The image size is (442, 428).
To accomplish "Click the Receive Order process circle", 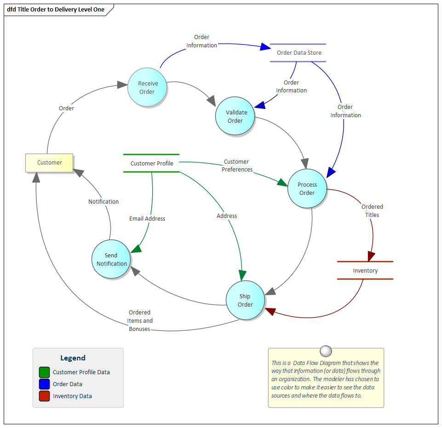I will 148,87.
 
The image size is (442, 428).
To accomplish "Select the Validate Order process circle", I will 235,116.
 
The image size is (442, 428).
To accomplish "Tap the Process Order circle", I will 307,188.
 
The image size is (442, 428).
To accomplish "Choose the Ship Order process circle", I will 246,301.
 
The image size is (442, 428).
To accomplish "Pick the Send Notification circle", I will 111,259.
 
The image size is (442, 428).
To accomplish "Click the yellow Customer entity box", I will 49,163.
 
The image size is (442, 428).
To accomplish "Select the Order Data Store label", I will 299,53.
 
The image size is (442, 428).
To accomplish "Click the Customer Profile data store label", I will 152,163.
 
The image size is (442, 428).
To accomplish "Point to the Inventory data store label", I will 365,271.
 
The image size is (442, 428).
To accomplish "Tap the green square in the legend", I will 44,372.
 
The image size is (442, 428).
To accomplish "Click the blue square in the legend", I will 44,384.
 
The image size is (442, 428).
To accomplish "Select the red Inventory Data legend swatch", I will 44,396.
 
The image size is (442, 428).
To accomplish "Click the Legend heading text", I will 73,358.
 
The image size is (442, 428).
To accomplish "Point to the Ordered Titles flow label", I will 372,211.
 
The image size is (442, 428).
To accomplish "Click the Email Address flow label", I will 147,219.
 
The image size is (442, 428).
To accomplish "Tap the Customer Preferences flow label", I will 237,165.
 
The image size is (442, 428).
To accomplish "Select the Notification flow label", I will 103,202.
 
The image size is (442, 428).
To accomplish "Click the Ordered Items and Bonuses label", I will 140,321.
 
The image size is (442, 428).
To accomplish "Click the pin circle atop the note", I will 326,351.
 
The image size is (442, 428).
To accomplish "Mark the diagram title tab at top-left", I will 56,10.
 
